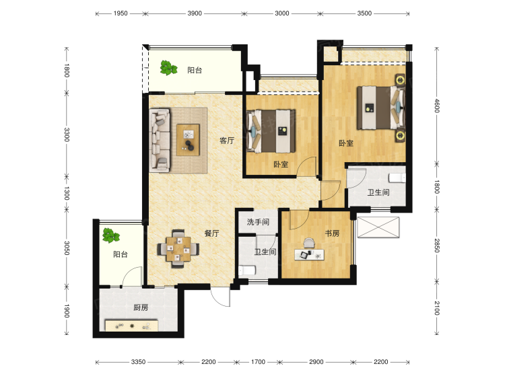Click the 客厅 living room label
[x=227, y=141]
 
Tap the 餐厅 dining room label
[x=211, y=233]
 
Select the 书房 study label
[x=332, y=233]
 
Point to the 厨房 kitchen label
[x=141, y=307]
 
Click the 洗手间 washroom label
[x=258, y=222]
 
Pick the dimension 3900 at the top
[x=195, y=13]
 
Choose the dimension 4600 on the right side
[x=437, y=106]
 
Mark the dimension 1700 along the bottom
[x=258, y=362]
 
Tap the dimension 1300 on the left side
[x=67, y=193]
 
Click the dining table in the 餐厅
[x=178, y=249]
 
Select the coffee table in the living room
[x=188, y=140]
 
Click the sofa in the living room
[x=160, y=141]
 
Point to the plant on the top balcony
[x=168, y=68]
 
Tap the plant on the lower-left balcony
[x=111, y=235]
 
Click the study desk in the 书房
[x=310, y=254]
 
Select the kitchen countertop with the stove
[x=132, y=326]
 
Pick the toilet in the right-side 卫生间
[x=397, y=178]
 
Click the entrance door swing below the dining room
[x=221, y=297]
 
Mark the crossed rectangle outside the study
[x=378, y=227]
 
